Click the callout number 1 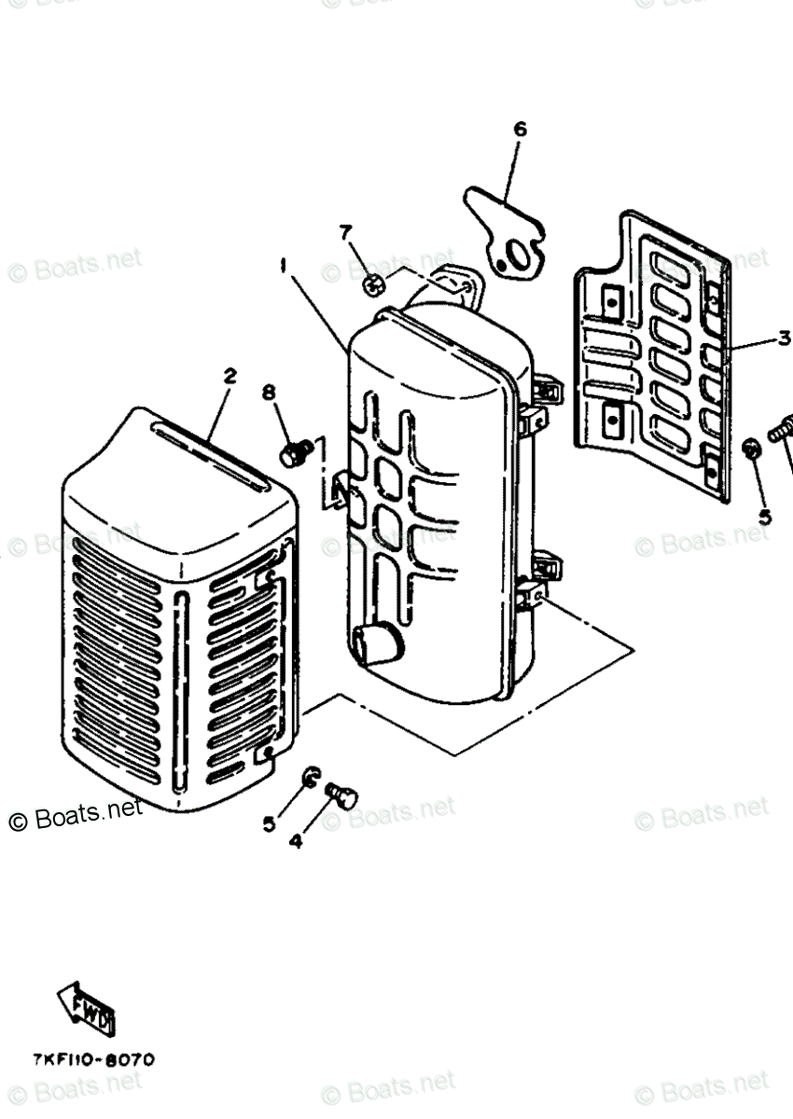[x=281, y=266]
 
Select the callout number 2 [x=229, y=376]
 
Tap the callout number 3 [x=784, y=338]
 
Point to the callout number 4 [x=295, y=840]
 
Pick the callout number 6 [x=520, y=129]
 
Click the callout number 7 [x=345, y=230]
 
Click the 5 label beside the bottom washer [x=269, y=823]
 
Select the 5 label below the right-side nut [x=764, y=516]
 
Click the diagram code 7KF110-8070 [x=93, y=1060]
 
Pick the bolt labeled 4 [x=342, y=795]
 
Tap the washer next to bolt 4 [x=310, y=777]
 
